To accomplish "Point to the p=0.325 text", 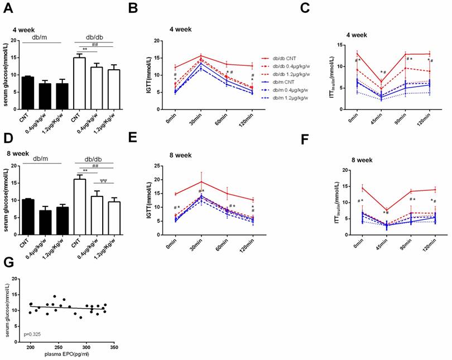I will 32,334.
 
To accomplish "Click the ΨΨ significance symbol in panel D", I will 103,180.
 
